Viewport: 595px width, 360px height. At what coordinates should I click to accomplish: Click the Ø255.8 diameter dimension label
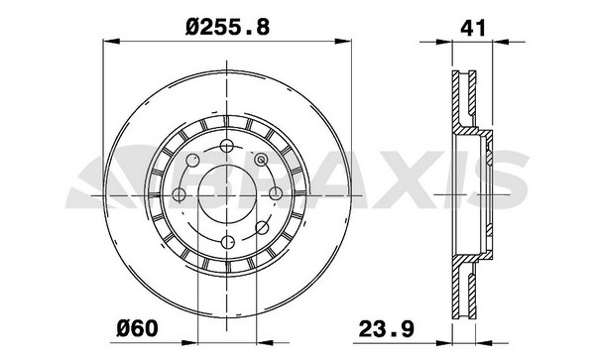click(228, 28)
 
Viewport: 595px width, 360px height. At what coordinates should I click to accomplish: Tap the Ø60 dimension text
click(137, 328)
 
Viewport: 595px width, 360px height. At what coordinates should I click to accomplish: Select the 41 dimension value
click(472, 28)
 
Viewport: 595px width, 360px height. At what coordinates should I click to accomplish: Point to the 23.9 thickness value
click(387, 328)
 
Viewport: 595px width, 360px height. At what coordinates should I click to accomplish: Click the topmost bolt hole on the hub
click(227, 146)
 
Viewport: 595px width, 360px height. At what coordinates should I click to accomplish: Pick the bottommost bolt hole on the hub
click(228, 242)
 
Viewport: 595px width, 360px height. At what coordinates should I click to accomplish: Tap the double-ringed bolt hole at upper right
click(261, 160)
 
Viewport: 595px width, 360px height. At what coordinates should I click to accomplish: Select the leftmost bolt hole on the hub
click(178, 194)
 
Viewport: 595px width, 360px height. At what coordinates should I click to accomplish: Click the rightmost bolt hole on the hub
click(275, 193)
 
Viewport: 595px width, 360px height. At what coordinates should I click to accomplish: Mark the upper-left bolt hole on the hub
click(193, 161)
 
